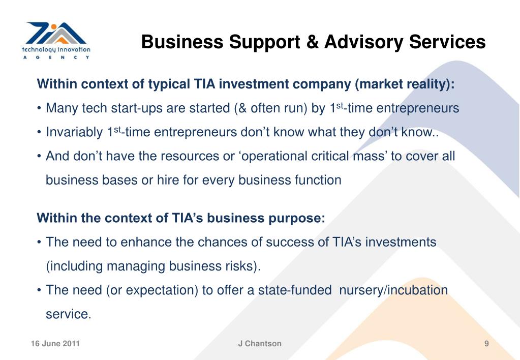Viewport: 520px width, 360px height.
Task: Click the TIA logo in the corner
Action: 56,40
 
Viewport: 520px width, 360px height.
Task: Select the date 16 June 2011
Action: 55,344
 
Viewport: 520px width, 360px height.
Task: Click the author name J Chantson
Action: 260,344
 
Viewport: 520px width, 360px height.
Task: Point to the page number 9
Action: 486,344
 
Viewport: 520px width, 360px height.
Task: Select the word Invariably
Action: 74,133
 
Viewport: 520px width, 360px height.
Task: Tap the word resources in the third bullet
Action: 191,156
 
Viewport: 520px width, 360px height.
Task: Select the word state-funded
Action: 295,290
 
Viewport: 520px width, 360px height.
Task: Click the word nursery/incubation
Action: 393,290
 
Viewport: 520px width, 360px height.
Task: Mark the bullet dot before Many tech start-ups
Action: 39,109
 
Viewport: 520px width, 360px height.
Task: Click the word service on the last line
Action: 67,314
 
